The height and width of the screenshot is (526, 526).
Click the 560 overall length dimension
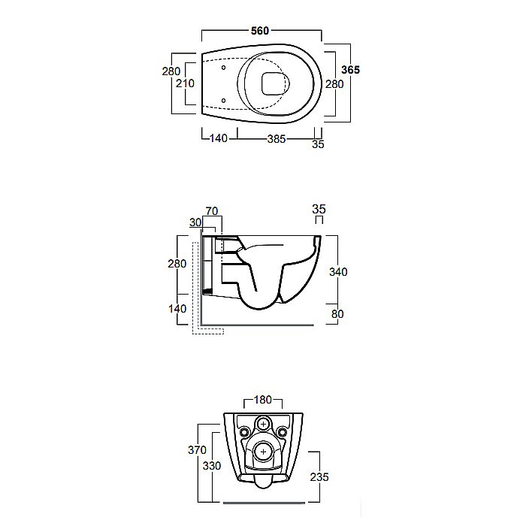click(260, 31)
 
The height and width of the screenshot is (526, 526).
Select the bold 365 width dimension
click(351, 70)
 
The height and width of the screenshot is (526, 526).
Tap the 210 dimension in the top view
click(185, 83)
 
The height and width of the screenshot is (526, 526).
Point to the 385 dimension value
click(277, 139)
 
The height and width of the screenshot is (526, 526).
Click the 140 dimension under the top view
click(219, 138)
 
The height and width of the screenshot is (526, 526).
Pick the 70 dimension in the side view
click(212, 211)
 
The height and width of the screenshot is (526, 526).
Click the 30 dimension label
click(195, 222)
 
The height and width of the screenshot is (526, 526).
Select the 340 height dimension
click(338, 272)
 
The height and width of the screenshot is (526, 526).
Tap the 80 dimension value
click(337, 314)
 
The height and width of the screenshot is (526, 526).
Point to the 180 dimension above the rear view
click(263, 400)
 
